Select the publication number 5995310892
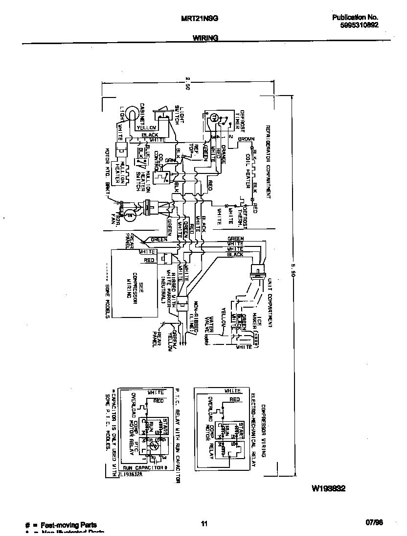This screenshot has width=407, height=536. pyautogui.click(x=360, y=26)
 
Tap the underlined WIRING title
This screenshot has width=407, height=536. pyautogui.click(x=205, y=38)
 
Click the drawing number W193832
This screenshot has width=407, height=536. pyautogui.click(x=329, y=488)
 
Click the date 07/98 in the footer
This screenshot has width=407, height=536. pyautogui.click(x=374, y=523)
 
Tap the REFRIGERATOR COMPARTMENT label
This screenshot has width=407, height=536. pyautogui.click(x=268, y=161)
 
